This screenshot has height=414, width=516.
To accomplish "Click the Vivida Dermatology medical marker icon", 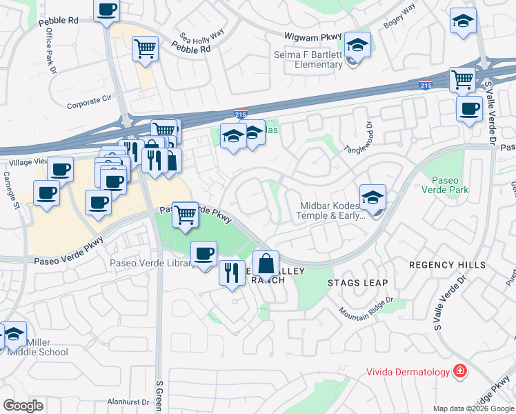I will coord(459,373).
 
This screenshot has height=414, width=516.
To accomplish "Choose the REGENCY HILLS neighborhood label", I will coord(447,265).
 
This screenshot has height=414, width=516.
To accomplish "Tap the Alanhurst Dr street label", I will coord(128,402).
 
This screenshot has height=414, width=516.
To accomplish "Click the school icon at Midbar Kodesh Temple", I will coord(373,198).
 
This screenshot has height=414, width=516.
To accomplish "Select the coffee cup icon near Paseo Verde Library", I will coord(204,254).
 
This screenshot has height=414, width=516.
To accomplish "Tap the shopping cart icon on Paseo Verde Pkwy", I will coord(185,215).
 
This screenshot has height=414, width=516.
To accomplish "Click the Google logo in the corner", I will coord(23,406).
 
